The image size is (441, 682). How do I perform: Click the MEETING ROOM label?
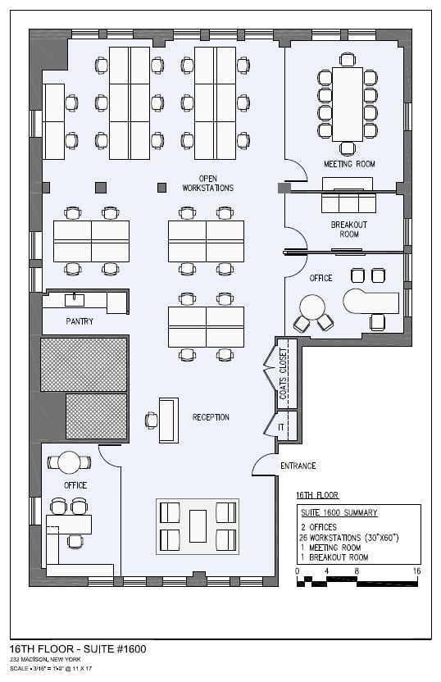(x=349, y=164)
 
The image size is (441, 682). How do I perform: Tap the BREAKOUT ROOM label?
(x=349, y=230)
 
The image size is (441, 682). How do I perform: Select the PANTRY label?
(x=80, y=321)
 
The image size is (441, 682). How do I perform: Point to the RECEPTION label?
(x=211, y=417)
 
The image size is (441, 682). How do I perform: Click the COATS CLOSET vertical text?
(x=283, y=374)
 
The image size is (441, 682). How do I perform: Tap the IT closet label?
(x=281, y=427)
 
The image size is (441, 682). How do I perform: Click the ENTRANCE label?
(x=298, y=466)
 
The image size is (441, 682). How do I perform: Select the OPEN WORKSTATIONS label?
(x=208, y=183)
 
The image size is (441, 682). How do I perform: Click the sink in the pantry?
(x=75, y=299)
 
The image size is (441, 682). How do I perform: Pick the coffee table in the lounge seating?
(x=198, y=526)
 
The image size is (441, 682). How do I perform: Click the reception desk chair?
(x=152, y=421)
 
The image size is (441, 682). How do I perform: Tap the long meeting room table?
(x=348, y=104)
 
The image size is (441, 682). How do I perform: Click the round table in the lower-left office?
(x=69, y=462)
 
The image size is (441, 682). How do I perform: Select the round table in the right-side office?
(x=312, y=307)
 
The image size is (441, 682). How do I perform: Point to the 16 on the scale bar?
(x=416, y=571)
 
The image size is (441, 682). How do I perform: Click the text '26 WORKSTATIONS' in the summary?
(x=330, y=538)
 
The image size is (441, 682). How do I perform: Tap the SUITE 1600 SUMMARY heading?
(x=339, y=513)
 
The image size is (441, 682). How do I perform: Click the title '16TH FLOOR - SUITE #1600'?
(x=78, y=649)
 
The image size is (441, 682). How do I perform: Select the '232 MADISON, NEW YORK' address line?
(x=45, y=660)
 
